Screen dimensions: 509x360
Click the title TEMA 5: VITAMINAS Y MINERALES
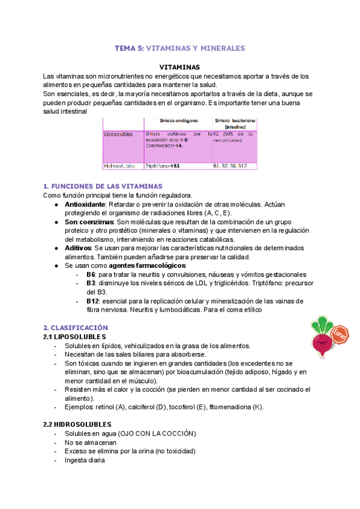(179, 47)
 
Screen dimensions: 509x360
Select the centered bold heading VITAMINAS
(179, 67)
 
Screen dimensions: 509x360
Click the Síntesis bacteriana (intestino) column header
(234, 124)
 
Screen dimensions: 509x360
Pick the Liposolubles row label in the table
(119, 135)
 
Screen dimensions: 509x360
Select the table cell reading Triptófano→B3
(163, 166)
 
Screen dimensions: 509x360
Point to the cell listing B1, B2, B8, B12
(230, 166)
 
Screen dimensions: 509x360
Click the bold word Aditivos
(79, 247)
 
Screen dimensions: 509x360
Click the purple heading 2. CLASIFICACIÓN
(76, 328)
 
